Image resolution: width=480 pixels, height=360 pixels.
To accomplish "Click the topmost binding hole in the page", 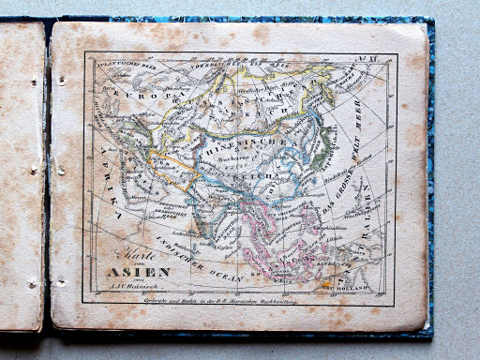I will [60, 81].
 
